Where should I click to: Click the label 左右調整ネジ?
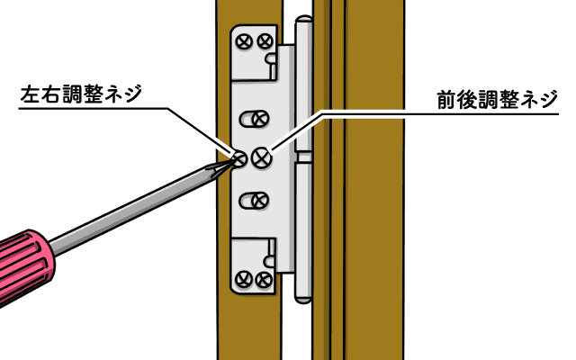tap(81, 94)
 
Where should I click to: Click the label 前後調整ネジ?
tap(498, 100)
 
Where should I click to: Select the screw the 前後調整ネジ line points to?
tap(262, 157)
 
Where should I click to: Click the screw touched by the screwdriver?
tap(240, 159)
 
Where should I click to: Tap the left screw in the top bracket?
tap(244, 41)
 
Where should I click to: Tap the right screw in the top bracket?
tap(265, 40)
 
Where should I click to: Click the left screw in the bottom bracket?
tap(243, 279)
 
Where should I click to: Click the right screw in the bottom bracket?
tap(264, 280)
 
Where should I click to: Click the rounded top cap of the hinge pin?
tap(304, 20)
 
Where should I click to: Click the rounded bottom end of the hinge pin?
tap(303, 299)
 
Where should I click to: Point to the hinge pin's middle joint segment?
tap(304, 157)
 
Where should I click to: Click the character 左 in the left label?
tap(30, 94)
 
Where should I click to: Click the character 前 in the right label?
tap(446, 100)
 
